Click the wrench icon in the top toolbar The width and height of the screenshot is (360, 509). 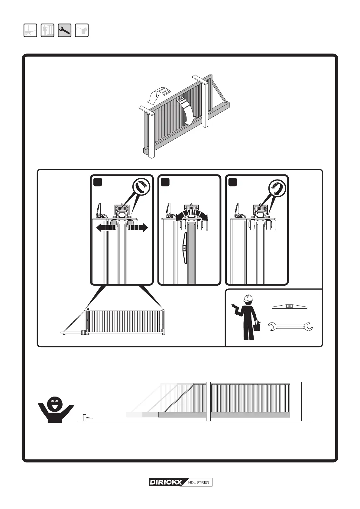(64, 31)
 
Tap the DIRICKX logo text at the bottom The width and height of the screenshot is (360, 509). (166, 482)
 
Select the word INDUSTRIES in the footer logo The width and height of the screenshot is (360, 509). (198, 482)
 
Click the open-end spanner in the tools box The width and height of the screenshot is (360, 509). (290, 326)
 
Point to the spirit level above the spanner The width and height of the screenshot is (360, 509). (290, 307)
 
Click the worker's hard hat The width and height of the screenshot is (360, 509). (247, 298)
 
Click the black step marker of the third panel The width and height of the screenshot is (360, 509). (232, 182)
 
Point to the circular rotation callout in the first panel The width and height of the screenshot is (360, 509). (141, 186)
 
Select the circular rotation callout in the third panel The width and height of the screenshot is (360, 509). (277, 186)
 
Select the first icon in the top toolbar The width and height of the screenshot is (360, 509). (30, 31)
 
